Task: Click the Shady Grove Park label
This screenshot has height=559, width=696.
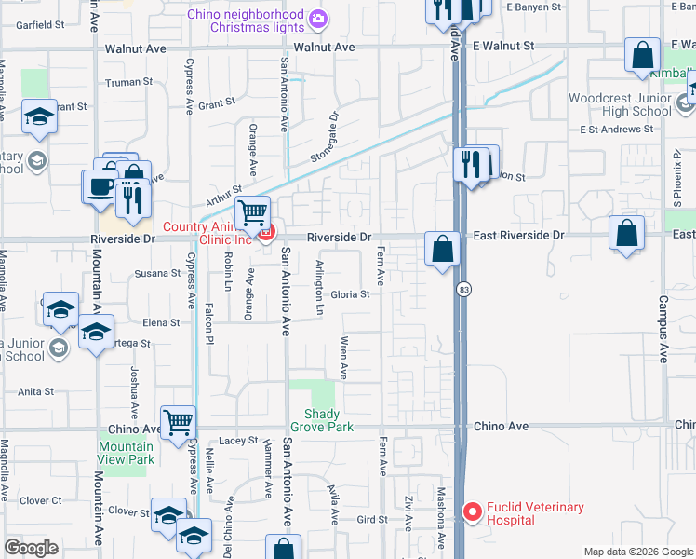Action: point(322,420)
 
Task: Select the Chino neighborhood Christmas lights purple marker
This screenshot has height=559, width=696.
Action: point(318,18)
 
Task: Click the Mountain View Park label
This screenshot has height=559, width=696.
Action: point(126,453)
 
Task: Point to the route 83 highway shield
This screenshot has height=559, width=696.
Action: point(462,291)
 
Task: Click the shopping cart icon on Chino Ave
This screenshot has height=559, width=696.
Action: point(178,422)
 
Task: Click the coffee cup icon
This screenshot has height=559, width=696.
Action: point(100,184)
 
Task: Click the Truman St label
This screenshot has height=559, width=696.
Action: point(129,82)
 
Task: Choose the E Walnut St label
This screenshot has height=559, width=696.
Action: point(503,45)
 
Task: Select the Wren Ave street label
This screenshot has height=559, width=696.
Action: point(343,358)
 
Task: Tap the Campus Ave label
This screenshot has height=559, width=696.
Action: point(663,329)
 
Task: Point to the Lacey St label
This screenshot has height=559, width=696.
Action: point(238,440)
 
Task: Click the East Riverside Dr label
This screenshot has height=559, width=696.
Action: point(518,236)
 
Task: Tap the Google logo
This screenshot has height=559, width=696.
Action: point(32,548)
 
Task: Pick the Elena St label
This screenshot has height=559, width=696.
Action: point(161,323)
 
